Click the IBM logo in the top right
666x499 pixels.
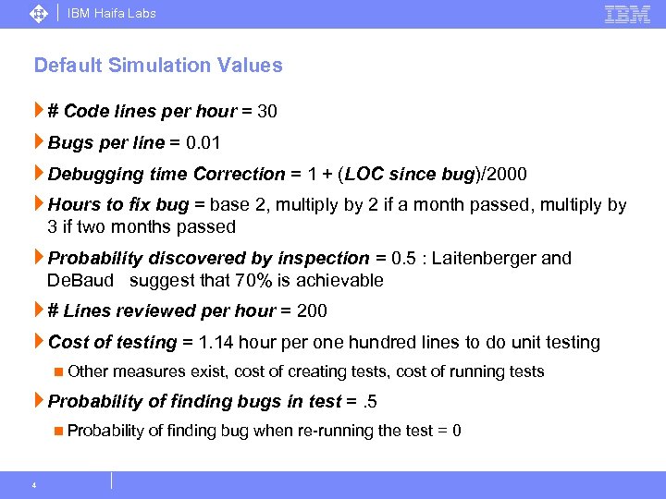[627, 14]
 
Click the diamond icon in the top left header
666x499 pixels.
[39, 14]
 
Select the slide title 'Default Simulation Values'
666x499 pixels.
[158, 66]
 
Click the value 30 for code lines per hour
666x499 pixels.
[267, 111]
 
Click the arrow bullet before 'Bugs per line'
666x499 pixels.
[39, 142]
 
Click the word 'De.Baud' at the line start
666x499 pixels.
[80, 280]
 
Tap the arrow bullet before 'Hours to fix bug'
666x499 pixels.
[39, 205]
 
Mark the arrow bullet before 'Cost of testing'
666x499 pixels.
[39, 343]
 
